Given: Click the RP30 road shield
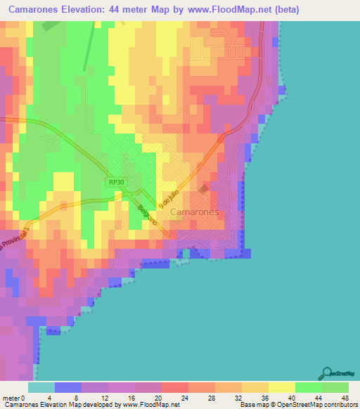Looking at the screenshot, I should [x=117, y=182].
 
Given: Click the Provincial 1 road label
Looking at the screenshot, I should [x=14, y=242].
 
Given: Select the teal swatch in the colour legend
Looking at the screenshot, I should [x=41, y=387].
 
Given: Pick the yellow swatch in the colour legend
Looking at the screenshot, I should [x=281, y=387].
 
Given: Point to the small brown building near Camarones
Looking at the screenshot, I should [x=204, y=188].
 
